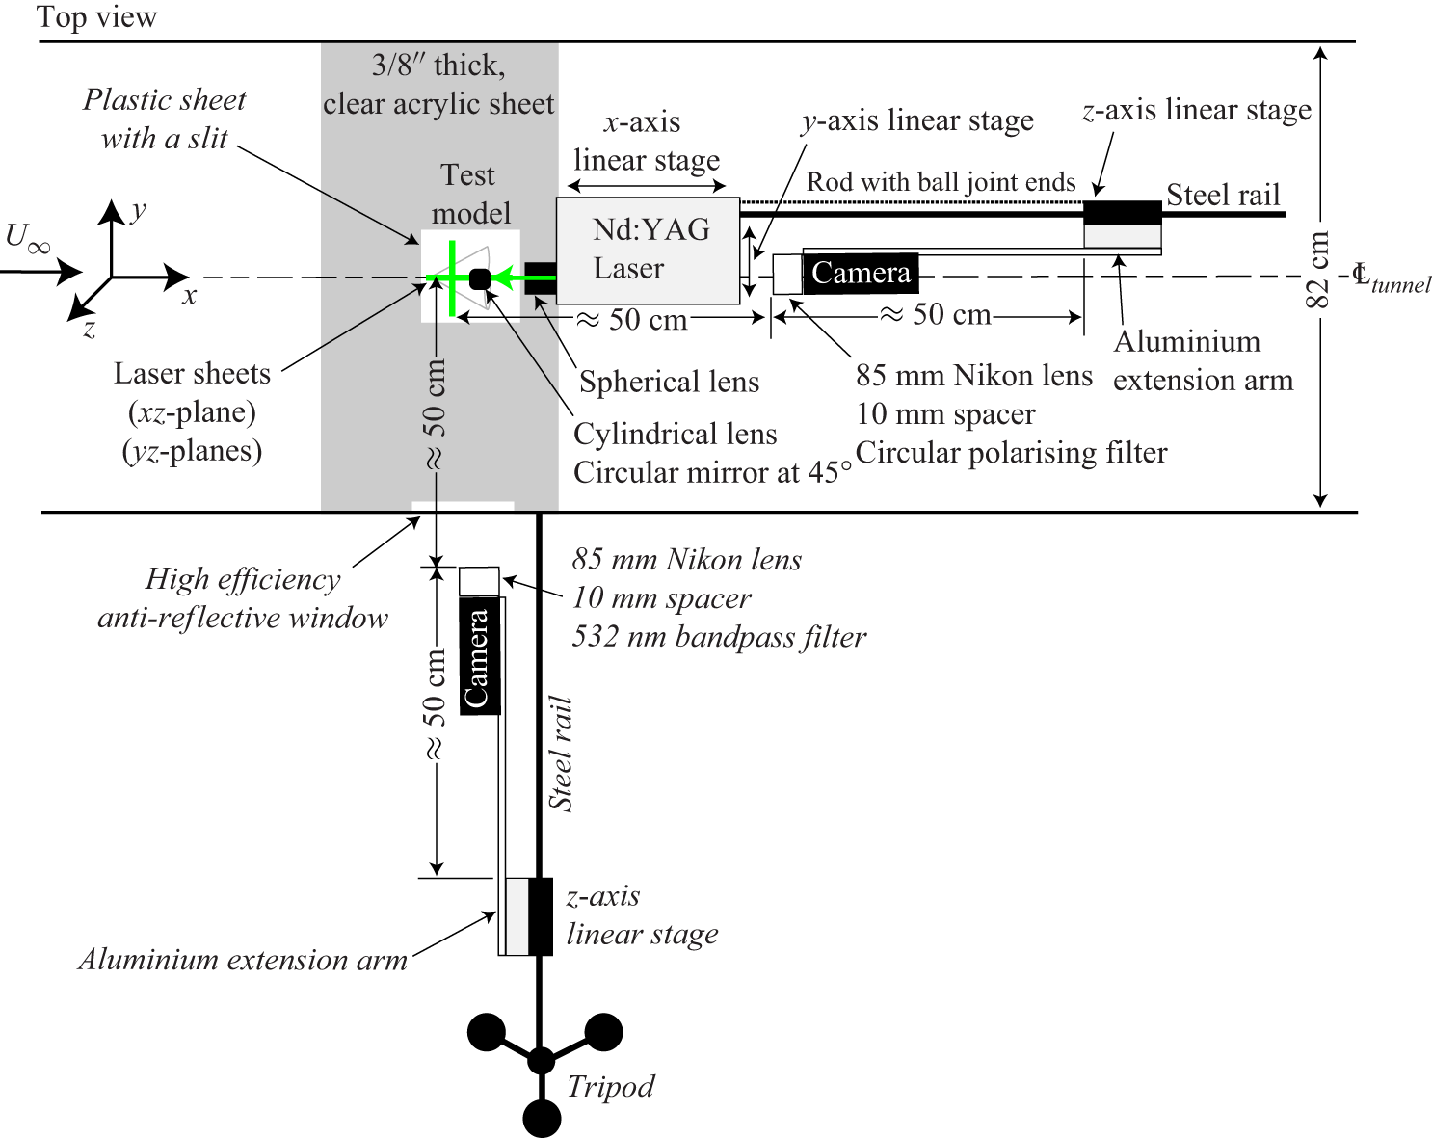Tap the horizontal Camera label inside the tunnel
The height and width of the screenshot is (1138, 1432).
tap(861, 274)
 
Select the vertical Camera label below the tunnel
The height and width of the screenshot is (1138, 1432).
tap(479, 658)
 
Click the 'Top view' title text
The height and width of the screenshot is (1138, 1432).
tap(96, 17)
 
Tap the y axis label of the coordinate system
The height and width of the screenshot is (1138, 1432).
tap(139, 210)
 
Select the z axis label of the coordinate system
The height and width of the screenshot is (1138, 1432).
tap(89, 331)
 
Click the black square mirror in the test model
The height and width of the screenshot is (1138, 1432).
tap(479, 279)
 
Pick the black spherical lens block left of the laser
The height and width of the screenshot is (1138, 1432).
tap(540, 278)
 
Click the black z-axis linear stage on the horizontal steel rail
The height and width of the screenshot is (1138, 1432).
tap(1123, 212)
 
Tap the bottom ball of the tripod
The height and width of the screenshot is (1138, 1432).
tap(542, 1118)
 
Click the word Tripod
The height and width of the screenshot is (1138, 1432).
tap(610, 1087)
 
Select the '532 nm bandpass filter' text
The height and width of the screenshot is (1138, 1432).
tap(719, 637)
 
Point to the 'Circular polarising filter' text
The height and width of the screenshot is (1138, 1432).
tap(1011, 453)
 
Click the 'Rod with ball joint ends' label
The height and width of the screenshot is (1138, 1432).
tap(941, 182)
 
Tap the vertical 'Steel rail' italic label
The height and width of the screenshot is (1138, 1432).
tap(561, 754)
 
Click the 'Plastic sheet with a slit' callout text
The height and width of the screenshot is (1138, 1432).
tap(164, 119)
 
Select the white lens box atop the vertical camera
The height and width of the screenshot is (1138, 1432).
tap(479, 582)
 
